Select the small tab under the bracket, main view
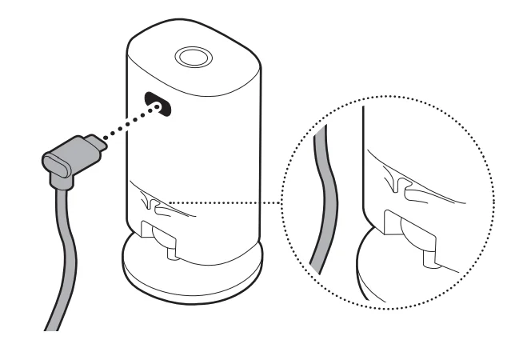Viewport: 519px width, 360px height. (x=171, y=255)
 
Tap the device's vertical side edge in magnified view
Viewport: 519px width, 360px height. (x=365, y=160)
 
